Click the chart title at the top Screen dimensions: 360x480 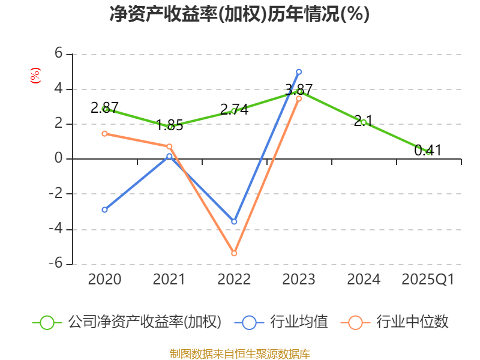pyautogui.click(x=239, y=14)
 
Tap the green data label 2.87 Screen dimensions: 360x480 pyautogui.click(x=105, y=108)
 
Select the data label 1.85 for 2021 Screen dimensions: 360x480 pyautogui.click(x=169, y=126)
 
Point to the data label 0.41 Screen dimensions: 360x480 pyautogui.click(x=428, y=151)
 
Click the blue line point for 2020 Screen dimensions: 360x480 pyautogui.click(x=104, y=209)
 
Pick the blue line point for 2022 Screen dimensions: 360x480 pyautogui.click(x=234, y=222)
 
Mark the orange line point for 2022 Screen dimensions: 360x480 pyautogui.click(x=234, y=253)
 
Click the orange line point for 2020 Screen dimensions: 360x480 pyautogui.click(x=104, y=134)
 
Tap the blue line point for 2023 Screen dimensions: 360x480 pyautogui.click(x=299, y=72)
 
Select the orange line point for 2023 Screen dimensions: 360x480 pyautogui.click(x=299, y=98)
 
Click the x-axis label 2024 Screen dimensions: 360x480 pyautogui.click(x=364, y=280)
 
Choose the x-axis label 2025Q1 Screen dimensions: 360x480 pyautogui.click(x=428, y=280)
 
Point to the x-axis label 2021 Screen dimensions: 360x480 pyautogui.click(x=169, y=280)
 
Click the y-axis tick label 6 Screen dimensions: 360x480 pyautogui.click(x=58, y=54)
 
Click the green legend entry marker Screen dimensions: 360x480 pyautogui.click(x=47, y=322)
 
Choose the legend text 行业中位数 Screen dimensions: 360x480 pyautogui.click(x=412, y=322)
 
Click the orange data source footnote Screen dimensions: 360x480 pyautogui.click(x=240, y=353)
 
